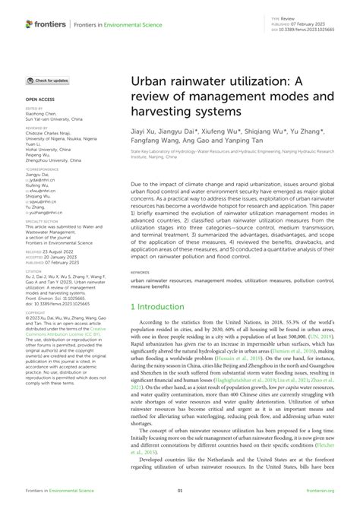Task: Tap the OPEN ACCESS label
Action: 43,99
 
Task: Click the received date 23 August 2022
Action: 55,272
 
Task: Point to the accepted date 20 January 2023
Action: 56,277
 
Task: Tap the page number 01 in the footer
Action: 180,501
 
